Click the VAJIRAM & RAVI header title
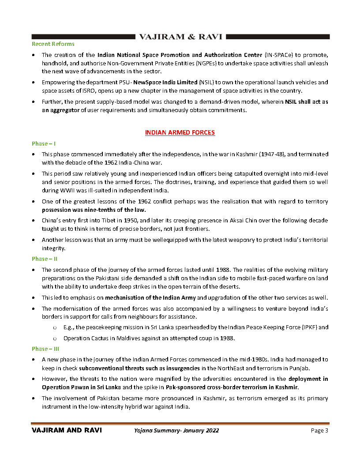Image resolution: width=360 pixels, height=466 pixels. [180, 37]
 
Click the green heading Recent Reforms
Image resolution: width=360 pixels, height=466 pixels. [53, 44]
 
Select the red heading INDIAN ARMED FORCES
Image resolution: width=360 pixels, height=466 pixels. [180, 132]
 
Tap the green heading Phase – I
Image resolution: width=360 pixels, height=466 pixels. [43, 144]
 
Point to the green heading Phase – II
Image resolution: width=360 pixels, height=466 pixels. [44, 259]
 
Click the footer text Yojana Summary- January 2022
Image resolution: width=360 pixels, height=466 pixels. [176, 431]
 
